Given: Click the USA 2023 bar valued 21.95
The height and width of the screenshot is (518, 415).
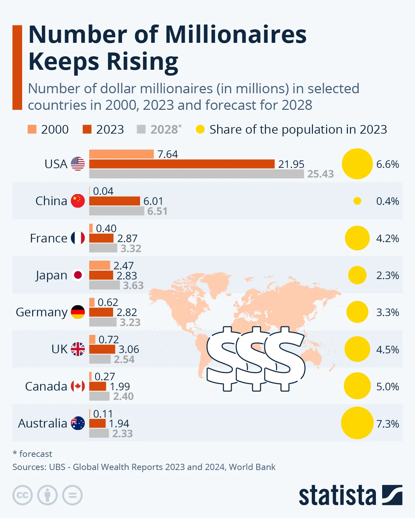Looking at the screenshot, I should coord(182,164).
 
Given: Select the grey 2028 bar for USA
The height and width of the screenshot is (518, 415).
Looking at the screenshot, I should coord(196,174).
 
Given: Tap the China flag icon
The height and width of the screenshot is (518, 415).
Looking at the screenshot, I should coord(78,201).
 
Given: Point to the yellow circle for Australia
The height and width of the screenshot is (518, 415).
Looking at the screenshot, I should coord(357,423).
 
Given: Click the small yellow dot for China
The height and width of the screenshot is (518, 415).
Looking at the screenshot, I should coord(357,201).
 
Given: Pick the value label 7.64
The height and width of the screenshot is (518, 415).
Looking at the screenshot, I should coord(167,154).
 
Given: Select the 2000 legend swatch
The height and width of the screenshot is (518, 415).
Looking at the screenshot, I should coord(32,129).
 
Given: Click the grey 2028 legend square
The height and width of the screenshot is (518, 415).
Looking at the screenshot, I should coord(141,129).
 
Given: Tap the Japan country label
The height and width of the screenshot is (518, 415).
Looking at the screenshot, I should coord(51,276).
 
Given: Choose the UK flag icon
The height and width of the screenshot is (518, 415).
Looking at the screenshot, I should coord(78,349).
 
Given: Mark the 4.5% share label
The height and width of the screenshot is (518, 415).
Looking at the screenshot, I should coord(387,349).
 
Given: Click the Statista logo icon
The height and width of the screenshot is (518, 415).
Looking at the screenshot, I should coord(392,495).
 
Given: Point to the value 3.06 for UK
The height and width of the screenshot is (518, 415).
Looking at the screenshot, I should coord(129,349).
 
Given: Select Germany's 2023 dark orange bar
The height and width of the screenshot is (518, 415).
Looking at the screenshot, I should coord(101,312).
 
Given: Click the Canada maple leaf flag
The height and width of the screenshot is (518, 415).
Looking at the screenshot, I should coord(78,386).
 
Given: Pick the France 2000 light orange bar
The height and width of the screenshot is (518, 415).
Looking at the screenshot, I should coord(91,228).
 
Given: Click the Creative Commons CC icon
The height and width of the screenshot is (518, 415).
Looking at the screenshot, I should coord(22,495).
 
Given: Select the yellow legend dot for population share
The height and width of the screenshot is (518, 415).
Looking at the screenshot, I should coord(200,129).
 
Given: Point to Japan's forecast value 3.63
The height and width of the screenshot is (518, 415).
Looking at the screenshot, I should coord(133,286).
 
